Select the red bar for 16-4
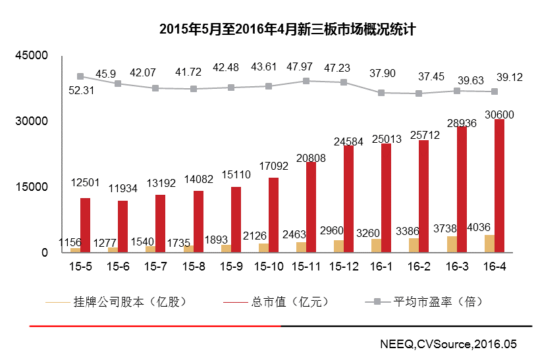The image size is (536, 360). click(500, 186)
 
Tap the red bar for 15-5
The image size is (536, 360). click(85, 225)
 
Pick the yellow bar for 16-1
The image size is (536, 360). click(377, 245)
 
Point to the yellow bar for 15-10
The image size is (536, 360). click(264, 247)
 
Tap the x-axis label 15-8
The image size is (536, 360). click(194, 267)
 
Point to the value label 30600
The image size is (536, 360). click(499, 115)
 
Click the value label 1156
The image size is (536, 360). click(70, 243)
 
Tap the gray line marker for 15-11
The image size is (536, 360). click(306, 81)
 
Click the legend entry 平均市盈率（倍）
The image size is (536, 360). click(437, 302)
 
